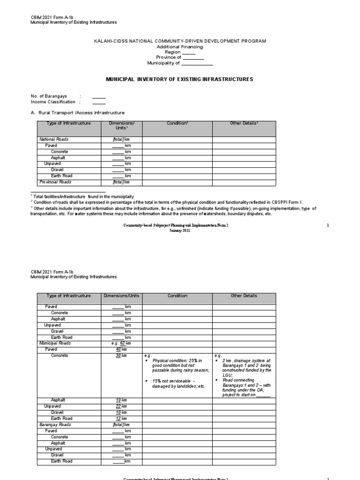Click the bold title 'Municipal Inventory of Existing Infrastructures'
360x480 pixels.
180,80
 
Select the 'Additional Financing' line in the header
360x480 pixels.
180,47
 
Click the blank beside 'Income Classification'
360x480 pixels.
99,102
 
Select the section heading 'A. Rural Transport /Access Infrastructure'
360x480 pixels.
78,113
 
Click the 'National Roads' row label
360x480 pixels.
53,140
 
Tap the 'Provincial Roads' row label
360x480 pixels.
55,182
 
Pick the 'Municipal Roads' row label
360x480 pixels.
55,344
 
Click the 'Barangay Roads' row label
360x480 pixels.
54,425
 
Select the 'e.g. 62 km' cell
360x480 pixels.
121,344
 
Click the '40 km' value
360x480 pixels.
121,350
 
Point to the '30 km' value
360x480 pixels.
121,356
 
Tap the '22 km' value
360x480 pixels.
121,406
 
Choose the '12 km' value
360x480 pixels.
121,419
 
